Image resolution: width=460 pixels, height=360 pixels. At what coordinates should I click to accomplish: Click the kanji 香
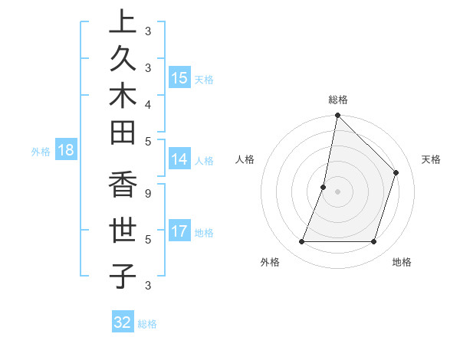coord(122,187)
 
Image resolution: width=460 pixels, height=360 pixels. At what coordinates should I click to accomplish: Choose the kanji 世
coord(122,231)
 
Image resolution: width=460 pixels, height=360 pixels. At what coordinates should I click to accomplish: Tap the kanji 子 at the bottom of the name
coord(122,275)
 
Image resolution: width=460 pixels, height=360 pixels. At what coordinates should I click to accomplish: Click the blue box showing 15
coord(179,77)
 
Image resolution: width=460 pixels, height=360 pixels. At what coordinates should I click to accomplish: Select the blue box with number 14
coord(179,159)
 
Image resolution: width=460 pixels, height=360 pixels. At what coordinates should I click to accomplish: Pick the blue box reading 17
coord(179,231)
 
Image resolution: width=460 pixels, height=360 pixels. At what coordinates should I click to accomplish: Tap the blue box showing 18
coord(66,150)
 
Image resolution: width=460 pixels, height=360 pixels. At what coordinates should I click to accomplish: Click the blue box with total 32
coord(123,322)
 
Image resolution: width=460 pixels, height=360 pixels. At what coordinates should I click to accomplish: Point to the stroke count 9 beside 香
coord(149,194)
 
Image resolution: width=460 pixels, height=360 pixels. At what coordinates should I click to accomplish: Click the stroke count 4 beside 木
coord(149,103)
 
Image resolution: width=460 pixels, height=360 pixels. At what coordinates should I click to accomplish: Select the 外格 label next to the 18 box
coord(40,152)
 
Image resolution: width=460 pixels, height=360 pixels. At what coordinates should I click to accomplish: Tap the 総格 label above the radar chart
coord(338,100)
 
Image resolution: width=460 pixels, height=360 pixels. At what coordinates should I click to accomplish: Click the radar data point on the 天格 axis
coord(396,172)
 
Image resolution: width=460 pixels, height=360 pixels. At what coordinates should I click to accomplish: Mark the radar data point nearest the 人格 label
coord(324,187)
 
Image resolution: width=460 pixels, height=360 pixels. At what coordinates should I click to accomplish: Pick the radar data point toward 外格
coord(302,241)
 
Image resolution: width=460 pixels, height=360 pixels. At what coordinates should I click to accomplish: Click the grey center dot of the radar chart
coord(338,191)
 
